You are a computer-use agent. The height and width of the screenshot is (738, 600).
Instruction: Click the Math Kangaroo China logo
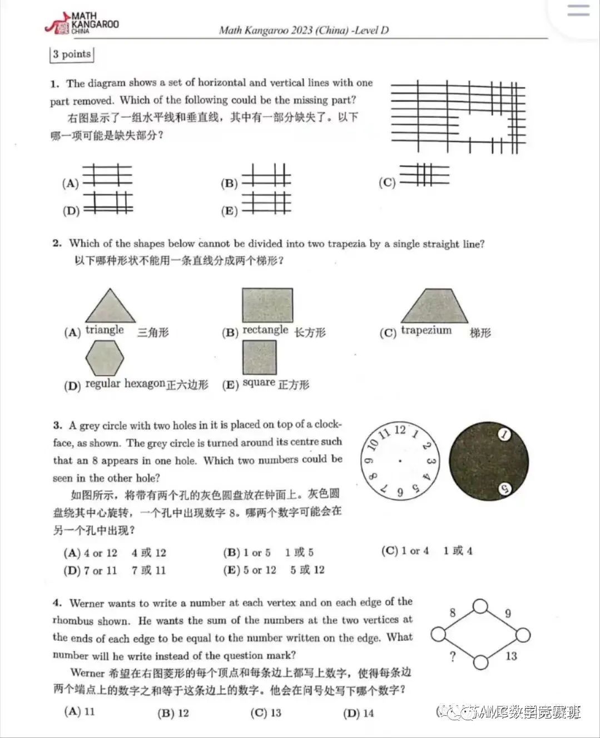(x=82, y=23)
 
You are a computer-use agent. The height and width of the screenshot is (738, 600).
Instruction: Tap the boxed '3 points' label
(x=71, y=54)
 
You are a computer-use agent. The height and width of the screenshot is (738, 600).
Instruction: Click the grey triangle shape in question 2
(x=110, y=306)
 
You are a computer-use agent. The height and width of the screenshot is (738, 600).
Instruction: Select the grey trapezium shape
(x=434, y=306)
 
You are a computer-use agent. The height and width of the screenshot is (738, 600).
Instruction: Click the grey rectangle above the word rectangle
(x=267, y=305)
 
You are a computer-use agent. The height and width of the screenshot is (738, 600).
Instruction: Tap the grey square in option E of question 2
(x=259, y=357)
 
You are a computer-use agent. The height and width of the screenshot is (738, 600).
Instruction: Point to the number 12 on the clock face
(x=400, y=429)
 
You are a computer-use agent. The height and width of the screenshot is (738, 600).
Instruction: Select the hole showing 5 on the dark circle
(x=504, y=489)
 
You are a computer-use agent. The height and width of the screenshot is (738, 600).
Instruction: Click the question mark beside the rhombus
(x=453, y=657)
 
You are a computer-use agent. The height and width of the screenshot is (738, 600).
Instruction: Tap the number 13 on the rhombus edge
(x=511, y=656)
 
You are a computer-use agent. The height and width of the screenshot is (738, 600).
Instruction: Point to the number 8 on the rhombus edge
(x=453, y=612)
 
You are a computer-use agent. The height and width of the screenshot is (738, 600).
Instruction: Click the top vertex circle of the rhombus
(x=480, y=607)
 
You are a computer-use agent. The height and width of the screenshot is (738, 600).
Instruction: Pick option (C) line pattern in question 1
(x=424, y=175)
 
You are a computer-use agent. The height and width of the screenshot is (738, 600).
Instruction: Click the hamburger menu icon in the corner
(x=578, y=11)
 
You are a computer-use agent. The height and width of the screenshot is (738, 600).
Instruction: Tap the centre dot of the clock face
(x=400, y=461)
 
